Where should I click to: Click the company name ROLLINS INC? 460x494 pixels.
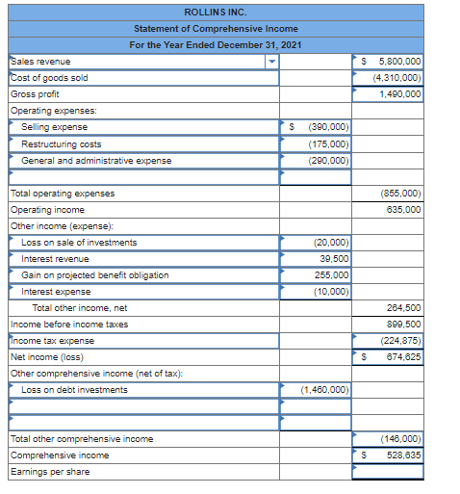pyautogui.click(x=216, y=13)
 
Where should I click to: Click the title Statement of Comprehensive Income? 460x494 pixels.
pyautogui.click(x=216, y=29)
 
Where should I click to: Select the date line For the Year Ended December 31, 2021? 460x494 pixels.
pyautogui.click(x=216, y=45)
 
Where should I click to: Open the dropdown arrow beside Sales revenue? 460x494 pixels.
pyautogui.click(x=271, y=62)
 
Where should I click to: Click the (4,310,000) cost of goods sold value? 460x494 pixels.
pyautogui.click(x=396, y=78)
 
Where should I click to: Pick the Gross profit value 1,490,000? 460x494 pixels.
pyautogui.click(x=399, y=94)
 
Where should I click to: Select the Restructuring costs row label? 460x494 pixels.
pyautogui.click(x=62, y=143)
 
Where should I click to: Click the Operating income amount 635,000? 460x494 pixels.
pyautogui.click(x=403, y=209)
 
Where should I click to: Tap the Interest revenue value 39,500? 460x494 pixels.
pyautogui.click(x=334, y=258)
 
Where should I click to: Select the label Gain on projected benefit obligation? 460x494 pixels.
pyautogui.click(x=94, y=274)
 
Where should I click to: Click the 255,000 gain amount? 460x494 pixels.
pyautogui.click(x=332, y=274)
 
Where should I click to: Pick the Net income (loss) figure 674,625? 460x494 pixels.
pyautogui.click(x=403, y=356)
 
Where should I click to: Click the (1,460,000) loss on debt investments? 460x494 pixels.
pyautogui.click(x=324, y=389)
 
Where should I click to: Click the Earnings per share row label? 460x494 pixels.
pyautogui.click(x=49, y=471)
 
